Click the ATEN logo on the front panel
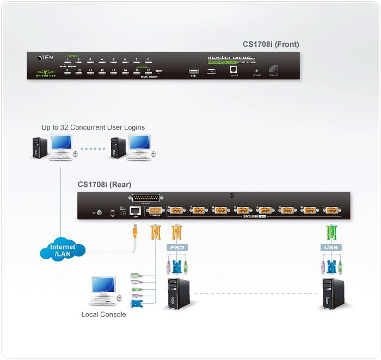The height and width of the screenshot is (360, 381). point(44,57)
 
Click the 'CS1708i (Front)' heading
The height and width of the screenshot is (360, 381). point(271,45)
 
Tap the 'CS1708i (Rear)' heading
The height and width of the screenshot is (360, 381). point(104,185)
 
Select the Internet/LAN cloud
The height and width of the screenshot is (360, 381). point(63,251)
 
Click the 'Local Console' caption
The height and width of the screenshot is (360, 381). point(103,314)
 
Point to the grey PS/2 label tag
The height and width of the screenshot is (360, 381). point(176,247)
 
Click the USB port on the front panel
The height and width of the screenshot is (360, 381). point(193,70)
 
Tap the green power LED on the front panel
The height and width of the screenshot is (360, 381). point(257,70)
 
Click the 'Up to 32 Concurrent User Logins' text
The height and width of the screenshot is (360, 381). point(93,127)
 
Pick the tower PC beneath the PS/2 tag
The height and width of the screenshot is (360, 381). point(176,294)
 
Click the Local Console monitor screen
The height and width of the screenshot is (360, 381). point(103,285)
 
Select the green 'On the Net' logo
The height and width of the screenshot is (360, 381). point(46,72)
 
